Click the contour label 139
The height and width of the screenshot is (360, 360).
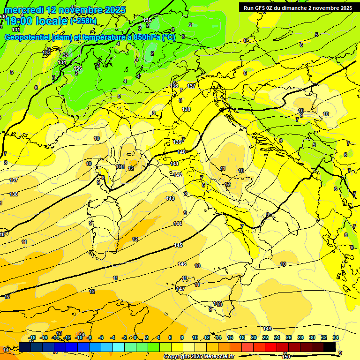177,142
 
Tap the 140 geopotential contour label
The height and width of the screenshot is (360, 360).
181,152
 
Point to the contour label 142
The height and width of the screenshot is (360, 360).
178,175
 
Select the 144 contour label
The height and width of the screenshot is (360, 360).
178,224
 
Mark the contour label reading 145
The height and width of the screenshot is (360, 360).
178,245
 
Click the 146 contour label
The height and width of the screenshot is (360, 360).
182,264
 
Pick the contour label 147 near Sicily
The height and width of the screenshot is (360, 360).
180,289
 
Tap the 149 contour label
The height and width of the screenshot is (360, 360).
267,329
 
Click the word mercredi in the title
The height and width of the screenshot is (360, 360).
25,10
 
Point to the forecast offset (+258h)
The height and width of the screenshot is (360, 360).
83,21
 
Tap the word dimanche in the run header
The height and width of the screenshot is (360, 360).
295,8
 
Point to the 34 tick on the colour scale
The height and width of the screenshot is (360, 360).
335,337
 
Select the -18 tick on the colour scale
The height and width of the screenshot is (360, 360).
32,337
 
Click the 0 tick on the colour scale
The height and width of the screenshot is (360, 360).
135,337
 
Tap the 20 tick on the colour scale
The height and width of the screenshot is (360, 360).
253,337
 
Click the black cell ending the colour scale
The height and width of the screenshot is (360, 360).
330,347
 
